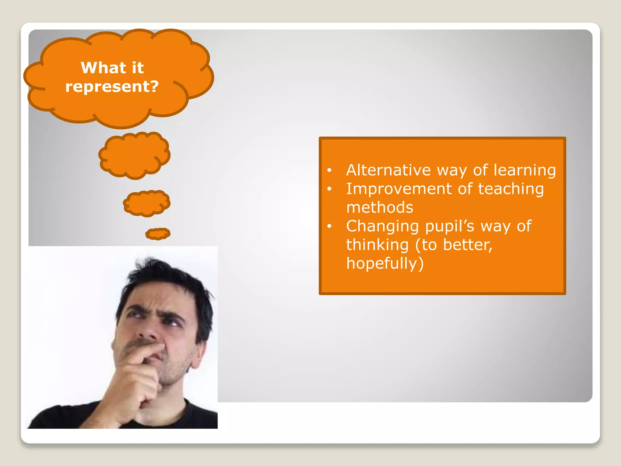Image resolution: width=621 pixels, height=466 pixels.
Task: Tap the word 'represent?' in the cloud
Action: click(x=112, y=86)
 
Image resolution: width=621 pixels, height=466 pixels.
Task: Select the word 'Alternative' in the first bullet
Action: click(x=388, y=170)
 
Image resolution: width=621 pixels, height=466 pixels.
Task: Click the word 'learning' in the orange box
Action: click(x=525, y=171)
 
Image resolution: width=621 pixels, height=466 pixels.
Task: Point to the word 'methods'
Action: click(x=380, y=208)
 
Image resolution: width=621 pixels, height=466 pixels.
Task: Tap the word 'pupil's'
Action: click(x=449, y=227)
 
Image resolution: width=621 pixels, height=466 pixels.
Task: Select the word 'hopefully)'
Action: click(x=385, y=263)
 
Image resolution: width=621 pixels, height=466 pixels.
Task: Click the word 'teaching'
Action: click(x=511, y=189)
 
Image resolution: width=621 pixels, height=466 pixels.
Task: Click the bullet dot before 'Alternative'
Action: click(x=330, y=171)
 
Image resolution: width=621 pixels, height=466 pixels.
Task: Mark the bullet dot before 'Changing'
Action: click(x=330, y=226)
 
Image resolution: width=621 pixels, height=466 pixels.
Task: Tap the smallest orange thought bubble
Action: click(x=158, y=234)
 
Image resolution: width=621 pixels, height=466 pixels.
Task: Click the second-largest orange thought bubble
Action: click(x=134, y=155)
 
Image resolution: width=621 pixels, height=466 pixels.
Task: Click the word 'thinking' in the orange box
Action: click(x=377, y=245)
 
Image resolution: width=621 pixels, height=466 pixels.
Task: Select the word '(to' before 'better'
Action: click(x=426, y=245)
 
